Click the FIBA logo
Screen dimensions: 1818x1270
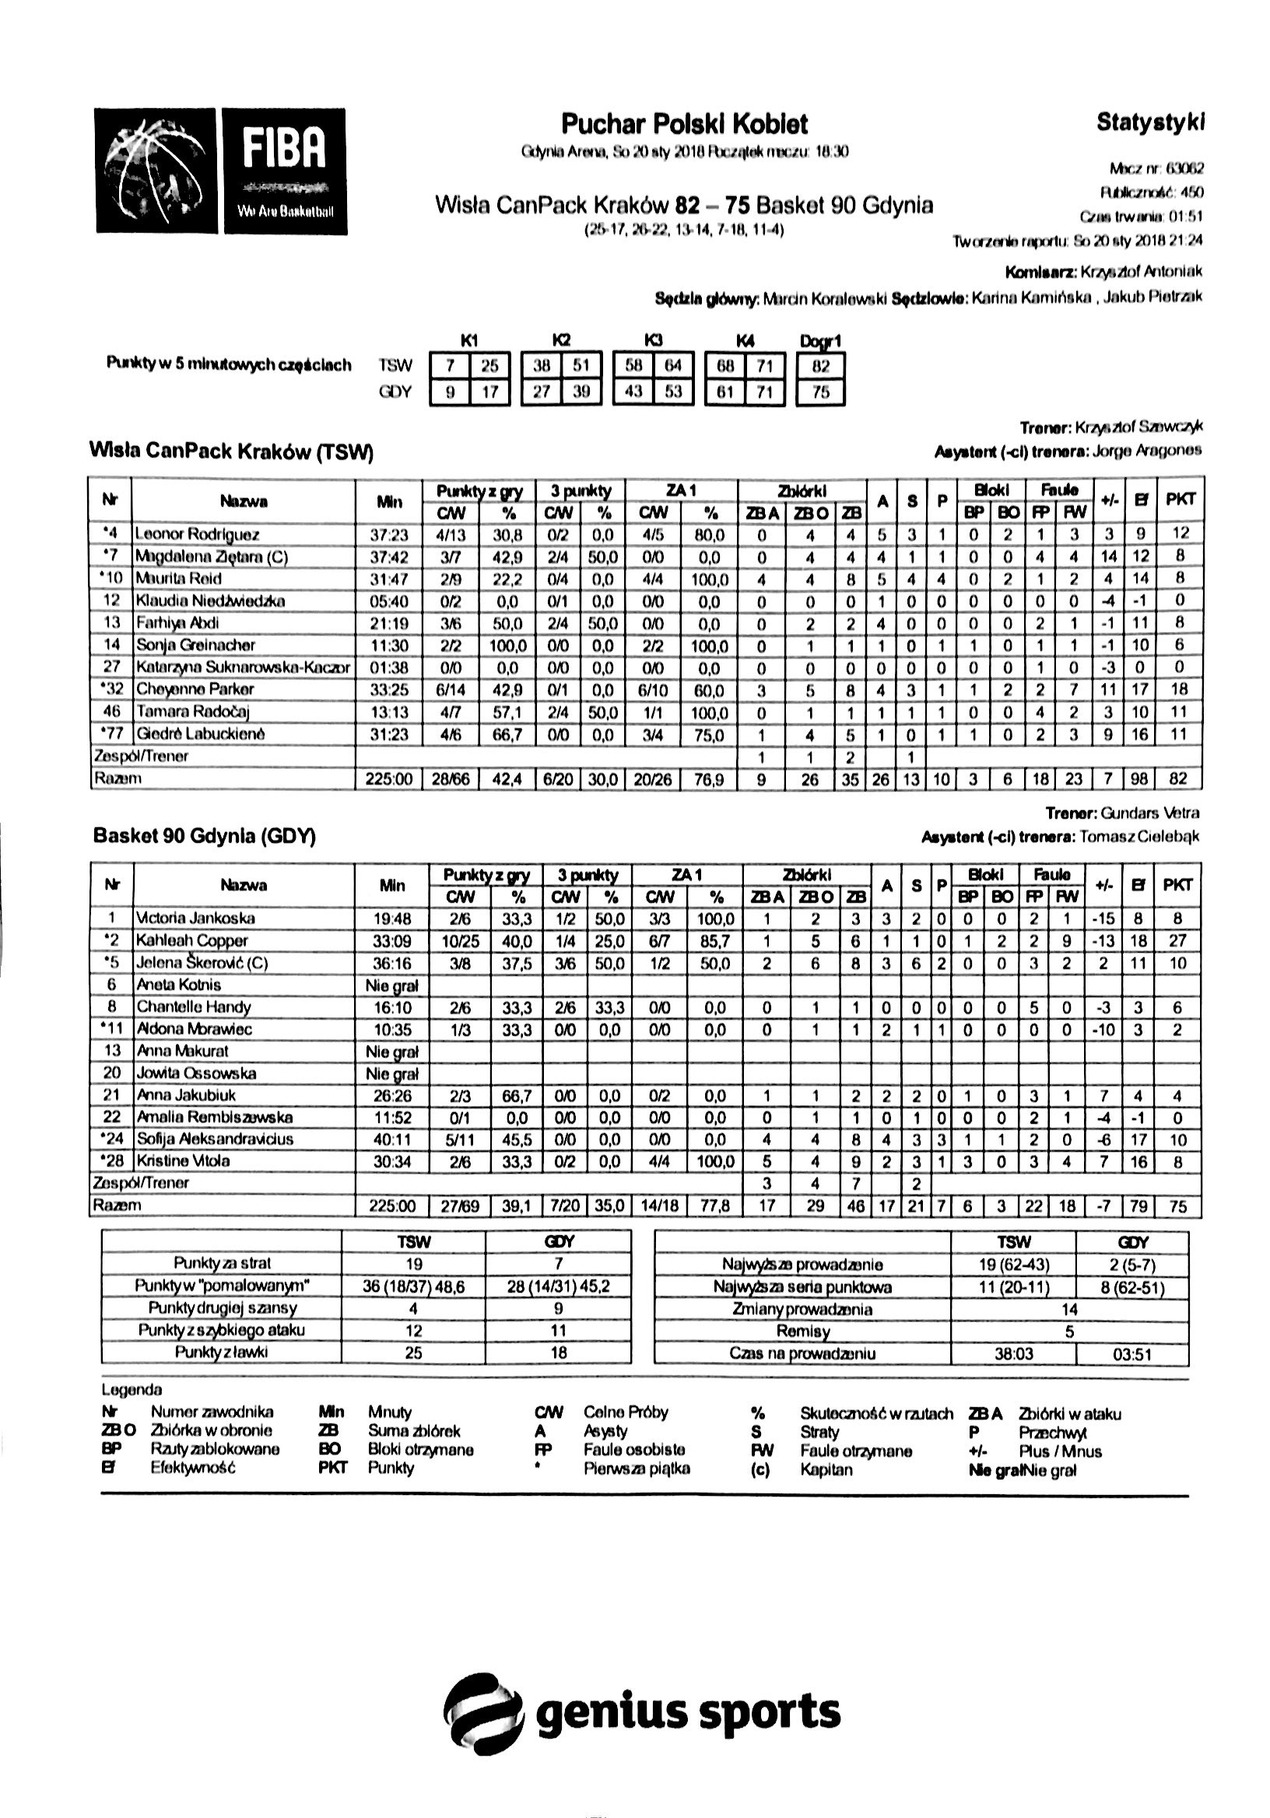[x=219, y=171]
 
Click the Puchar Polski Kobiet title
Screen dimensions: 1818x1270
[x=684, y=125]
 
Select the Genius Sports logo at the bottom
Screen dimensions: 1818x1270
[x=641, y=1713]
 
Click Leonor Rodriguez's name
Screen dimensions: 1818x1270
[x=197, y=535]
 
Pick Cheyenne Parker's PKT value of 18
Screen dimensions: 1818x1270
[x=1178, y=689]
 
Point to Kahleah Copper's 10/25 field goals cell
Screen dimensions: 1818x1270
[x=459, y=941]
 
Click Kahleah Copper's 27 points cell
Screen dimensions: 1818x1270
[x=1177, y=941]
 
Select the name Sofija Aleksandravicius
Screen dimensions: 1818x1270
[x=215, y=1139]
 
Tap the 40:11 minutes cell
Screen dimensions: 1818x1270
[x=392, y=1139]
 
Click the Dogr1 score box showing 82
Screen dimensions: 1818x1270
[x=820, y=366]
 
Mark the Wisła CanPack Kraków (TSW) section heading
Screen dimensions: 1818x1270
[x=231, y=451]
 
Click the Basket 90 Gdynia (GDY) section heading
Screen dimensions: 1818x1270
[x=205, y=836]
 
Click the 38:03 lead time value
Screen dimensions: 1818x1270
[x=1013, y=1354]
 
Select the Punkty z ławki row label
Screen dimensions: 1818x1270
[x=221, y=1352]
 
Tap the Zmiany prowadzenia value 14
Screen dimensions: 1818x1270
[x=1069, y=1309]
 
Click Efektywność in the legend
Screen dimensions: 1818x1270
[x=193, y=1467]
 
